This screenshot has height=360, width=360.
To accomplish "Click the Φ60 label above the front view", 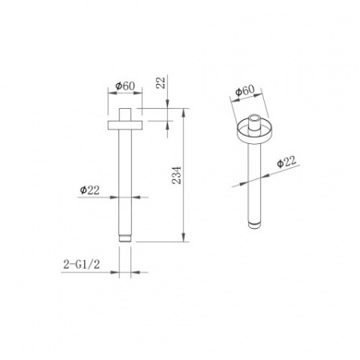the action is (x=125, y=86).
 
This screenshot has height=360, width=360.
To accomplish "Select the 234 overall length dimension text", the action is (x=176, y=175).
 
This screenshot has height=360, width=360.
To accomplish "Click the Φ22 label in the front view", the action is (x=90, y=190).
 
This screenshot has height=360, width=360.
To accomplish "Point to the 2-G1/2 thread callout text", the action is (x=82, y=265).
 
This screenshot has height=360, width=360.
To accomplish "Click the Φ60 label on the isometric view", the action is (x=245, y=90).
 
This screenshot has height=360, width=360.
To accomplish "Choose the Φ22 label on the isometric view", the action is (x=286, y=162).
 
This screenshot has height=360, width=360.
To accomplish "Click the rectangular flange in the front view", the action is (x=125, y=126).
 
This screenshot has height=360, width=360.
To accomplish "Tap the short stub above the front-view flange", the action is (x=125, y=114).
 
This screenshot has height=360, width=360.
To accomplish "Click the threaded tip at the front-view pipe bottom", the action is (x=125, y=238).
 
